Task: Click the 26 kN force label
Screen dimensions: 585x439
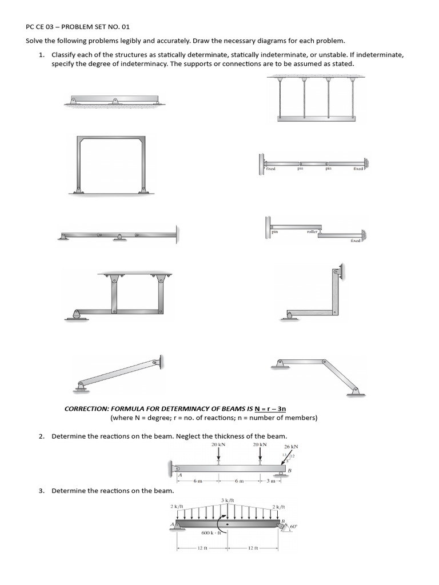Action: (291, 446)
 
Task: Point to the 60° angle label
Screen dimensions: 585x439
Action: (294, 527)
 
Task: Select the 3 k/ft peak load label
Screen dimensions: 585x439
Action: (227, 500)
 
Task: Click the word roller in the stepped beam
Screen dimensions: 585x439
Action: (312, 231)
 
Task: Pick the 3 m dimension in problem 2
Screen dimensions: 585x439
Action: (272, 481)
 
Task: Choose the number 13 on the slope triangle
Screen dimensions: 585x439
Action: (284, 454)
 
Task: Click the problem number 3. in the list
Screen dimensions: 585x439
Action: (42, 491)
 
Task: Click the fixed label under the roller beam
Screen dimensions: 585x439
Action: (356, 241)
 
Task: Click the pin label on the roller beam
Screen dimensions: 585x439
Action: (274, 231)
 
